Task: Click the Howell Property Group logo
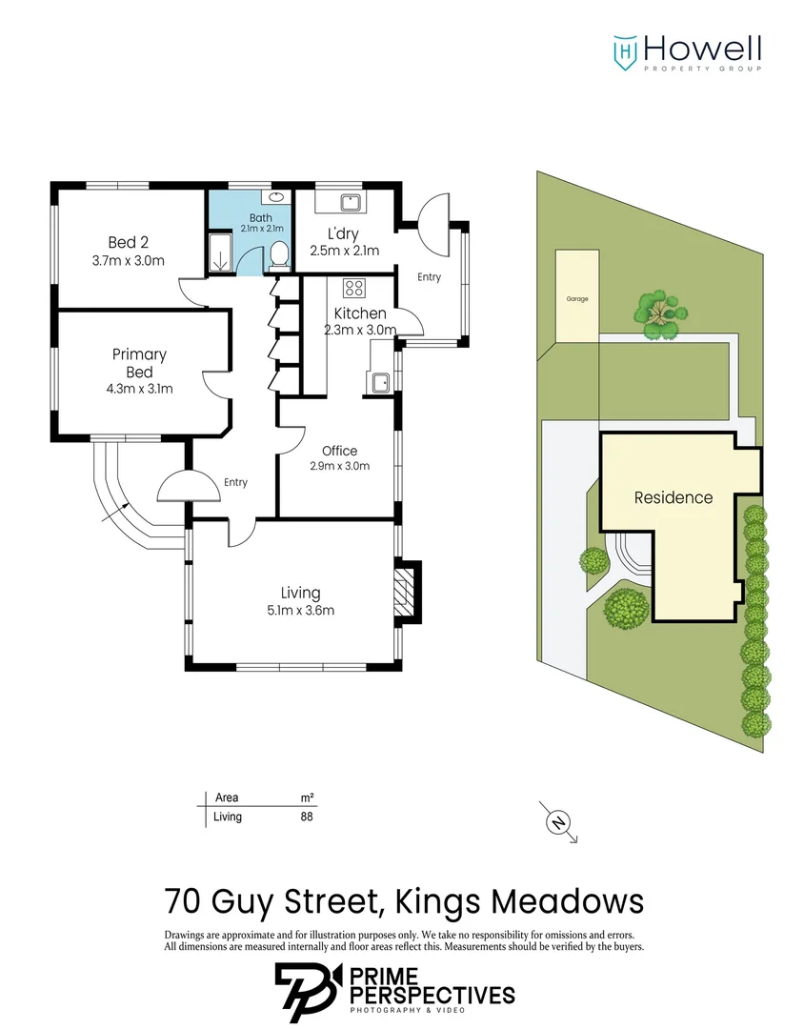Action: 686,52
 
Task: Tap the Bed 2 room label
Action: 128,241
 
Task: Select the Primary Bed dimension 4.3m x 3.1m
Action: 141,389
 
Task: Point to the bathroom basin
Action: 276,197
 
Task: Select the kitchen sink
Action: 381,381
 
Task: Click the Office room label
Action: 339,451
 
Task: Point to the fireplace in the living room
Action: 408,592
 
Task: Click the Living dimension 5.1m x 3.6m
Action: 300,611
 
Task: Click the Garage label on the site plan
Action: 577,299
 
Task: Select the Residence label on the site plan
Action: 673,497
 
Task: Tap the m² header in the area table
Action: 307,797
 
